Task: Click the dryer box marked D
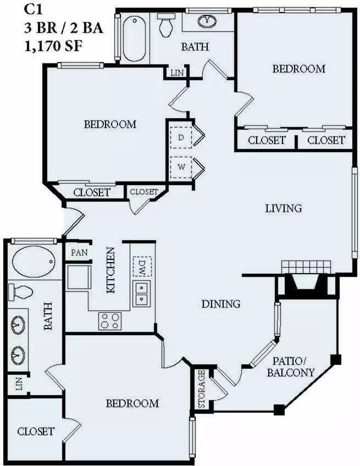coord(181,137)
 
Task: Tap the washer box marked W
coord(181,167)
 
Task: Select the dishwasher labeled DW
coord(142,266)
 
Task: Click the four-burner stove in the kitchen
coord(110,321)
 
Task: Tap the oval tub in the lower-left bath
coord(34,262)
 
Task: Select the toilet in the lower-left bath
coord(20,292)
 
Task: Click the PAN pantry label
coord(79,253)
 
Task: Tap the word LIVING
coord(283,208)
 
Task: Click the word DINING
coord(221,304)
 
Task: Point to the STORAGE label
coord(202,389)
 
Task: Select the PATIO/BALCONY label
coord(290,367)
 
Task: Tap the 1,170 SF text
coord(53,46)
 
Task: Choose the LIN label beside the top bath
coord(177,73)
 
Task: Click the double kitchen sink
coord(141,294)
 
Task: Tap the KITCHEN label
coord(110,270)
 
